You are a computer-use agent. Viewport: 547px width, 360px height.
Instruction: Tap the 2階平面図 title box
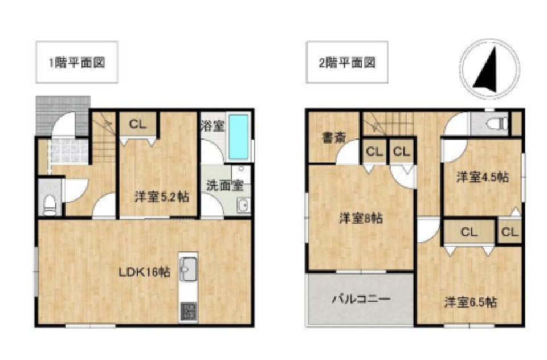(x=347, y=63)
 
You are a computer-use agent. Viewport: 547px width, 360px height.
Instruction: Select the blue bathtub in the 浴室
(x=239, y=137)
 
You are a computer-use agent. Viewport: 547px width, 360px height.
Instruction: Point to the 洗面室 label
(x=224, y=185)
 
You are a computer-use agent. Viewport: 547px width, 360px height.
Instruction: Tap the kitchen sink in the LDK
(x=188, y=265)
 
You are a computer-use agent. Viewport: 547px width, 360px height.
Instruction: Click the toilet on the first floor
(x=50, y=204)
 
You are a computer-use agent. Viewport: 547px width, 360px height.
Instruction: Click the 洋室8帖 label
(x=361, y=218)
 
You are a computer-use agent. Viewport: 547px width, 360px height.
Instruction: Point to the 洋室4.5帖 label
(x=483, y=177)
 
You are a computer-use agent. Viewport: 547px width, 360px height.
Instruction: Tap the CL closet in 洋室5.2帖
(x=137, y=124)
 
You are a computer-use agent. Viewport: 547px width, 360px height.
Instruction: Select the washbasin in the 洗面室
(x=243, y=206)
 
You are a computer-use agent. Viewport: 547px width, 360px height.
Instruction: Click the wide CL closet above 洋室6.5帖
(x=469, y=232)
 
